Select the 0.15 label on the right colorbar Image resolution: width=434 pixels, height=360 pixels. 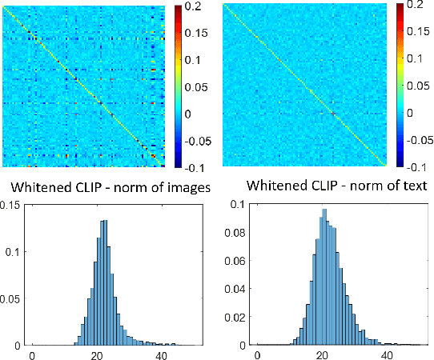pyautogui.click(x=419, y=33)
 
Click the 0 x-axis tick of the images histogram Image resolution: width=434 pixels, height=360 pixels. pyautogui.click(x=31, y=354)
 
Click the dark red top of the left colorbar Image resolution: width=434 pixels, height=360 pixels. pyautogui.click(x=177, y=10)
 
